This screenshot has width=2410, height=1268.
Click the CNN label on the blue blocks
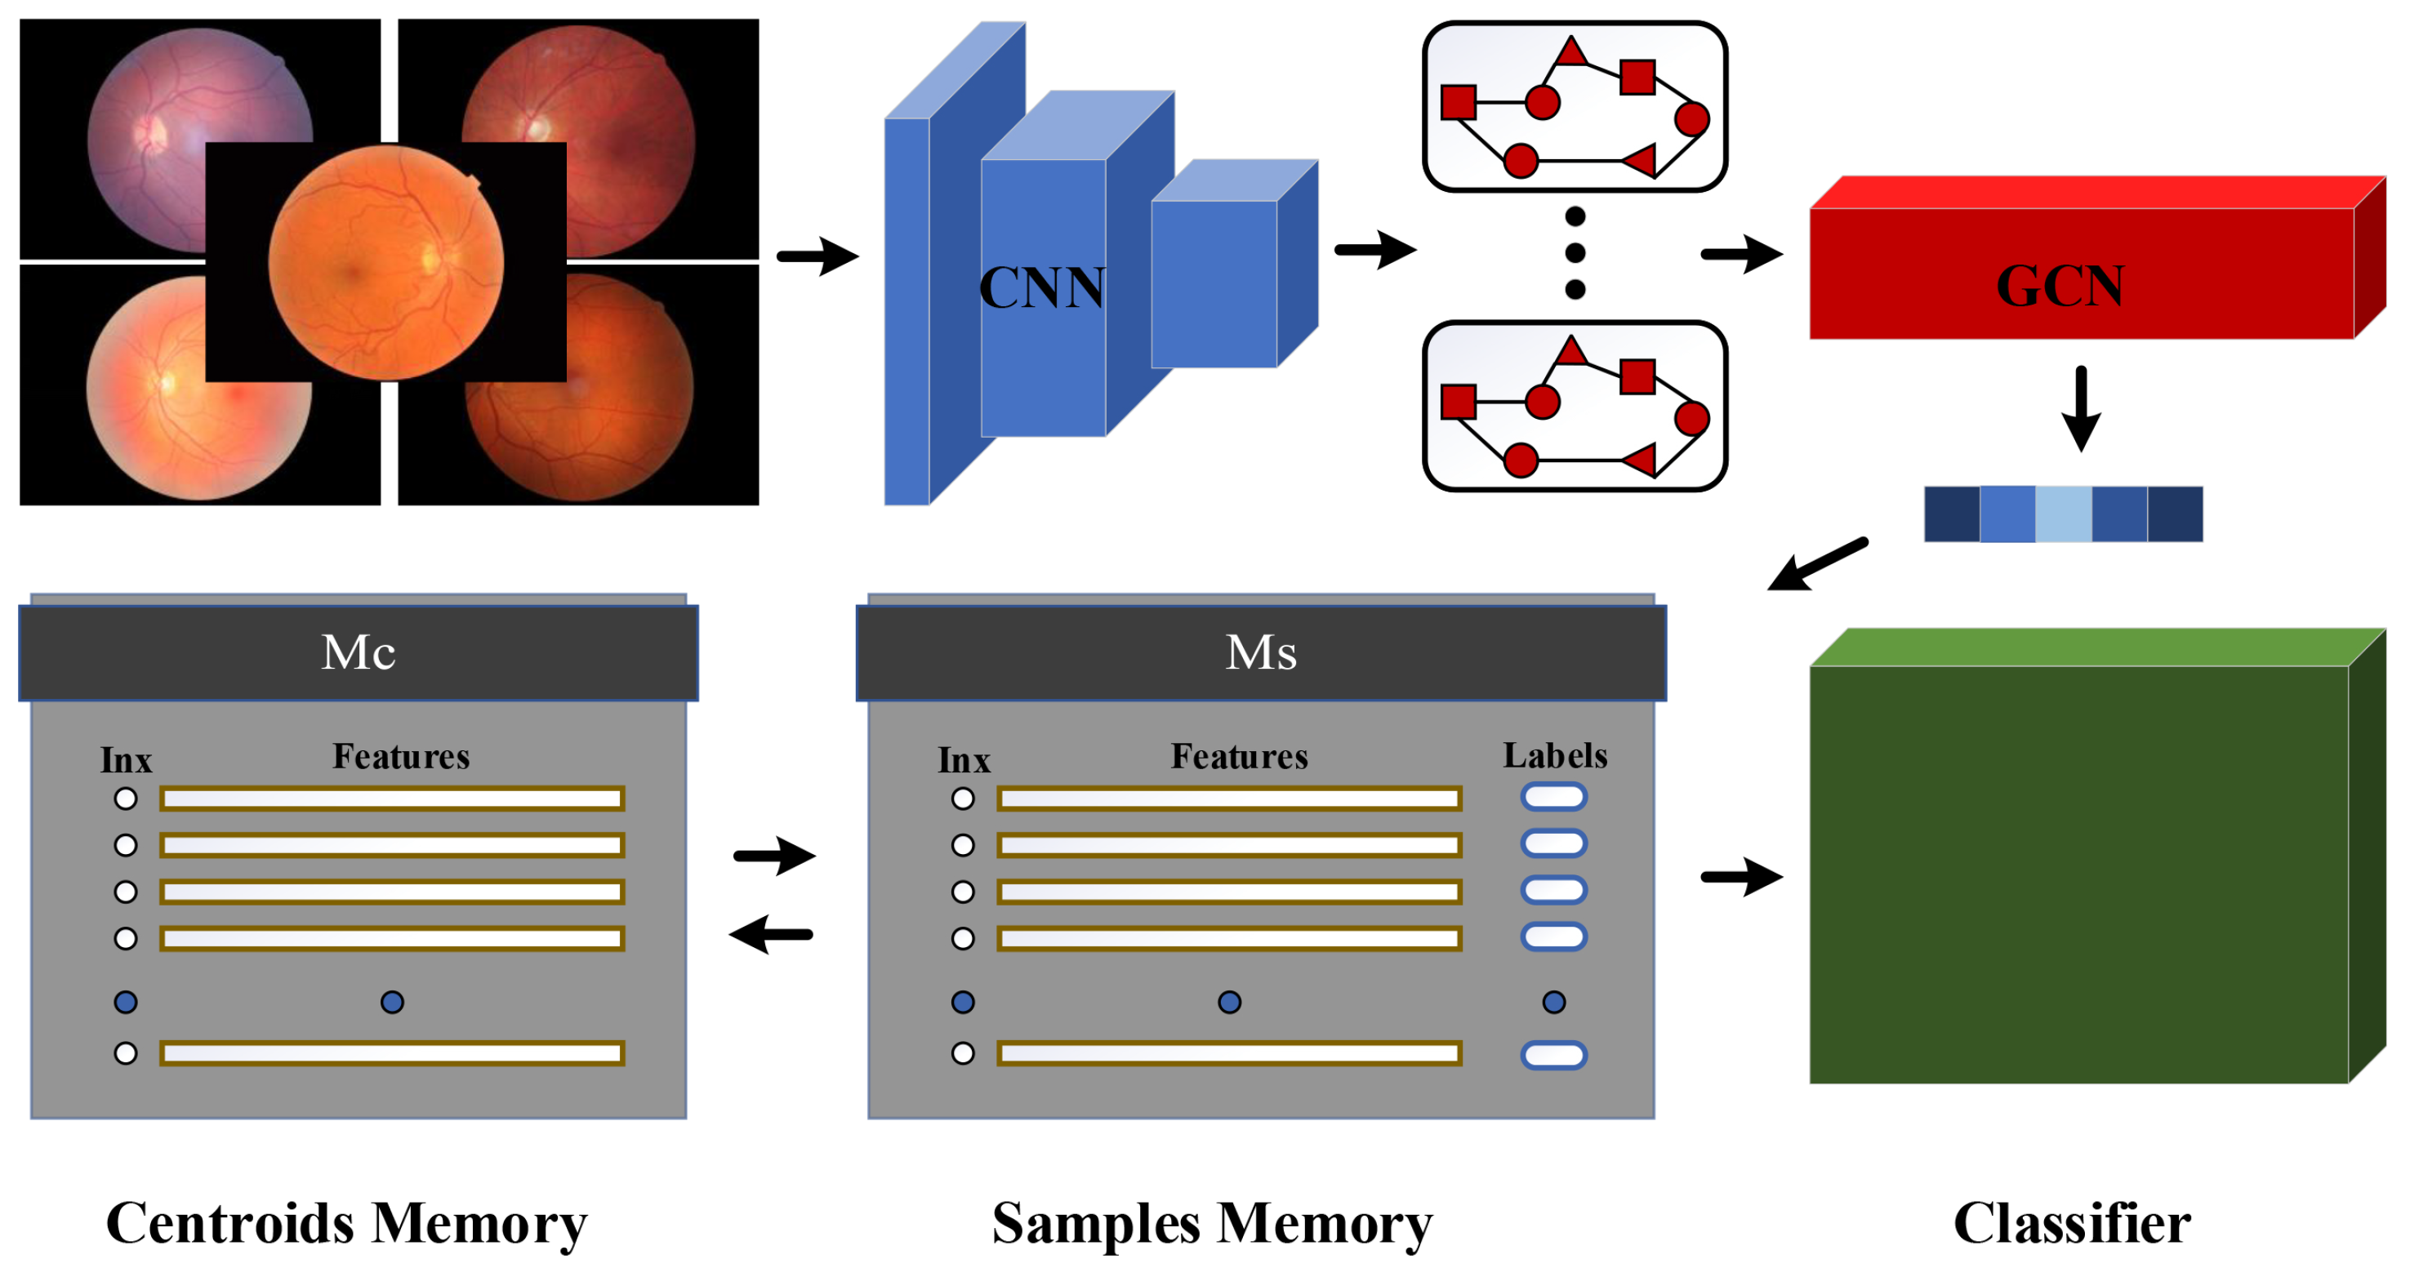(1041, 287)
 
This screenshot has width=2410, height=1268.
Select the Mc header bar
(359, 652)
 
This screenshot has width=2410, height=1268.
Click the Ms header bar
(1260, 652)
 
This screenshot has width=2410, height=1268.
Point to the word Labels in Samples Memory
(1555, 755)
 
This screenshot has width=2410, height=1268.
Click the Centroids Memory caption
(346, 1223)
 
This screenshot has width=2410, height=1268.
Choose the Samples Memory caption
(1212, 1223)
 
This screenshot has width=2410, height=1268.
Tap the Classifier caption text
(2071, 1223)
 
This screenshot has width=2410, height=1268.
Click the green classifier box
(2078, 874)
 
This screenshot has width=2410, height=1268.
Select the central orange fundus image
(385, 262)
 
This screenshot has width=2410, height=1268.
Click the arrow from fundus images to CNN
(817, 256)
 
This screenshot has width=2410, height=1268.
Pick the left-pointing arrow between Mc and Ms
(771, 933)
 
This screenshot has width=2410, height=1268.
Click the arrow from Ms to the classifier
(1741, 877)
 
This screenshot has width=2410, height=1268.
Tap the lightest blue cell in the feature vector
(2063, 514)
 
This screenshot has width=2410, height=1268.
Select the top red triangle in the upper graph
(1570, 51)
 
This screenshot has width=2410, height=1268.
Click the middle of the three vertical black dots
(1575, 252)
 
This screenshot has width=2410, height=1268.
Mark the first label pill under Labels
(1553, 797)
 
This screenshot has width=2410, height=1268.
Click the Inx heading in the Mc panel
(127, 760)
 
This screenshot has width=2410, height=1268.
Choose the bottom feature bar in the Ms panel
(1228, 1054)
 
